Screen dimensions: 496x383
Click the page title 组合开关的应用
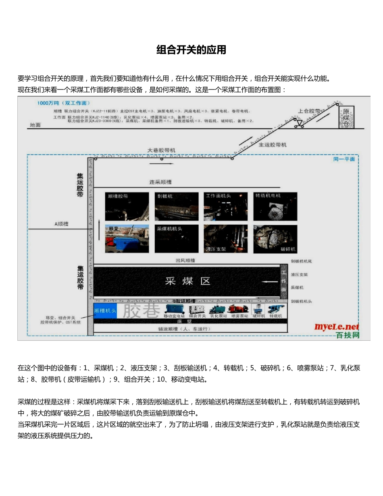(191, 50)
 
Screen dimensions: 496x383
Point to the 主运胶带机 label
(273, 144)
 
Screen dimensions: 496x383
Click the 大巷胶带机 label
(161, 150)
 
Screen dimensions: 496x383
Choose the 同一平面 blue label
(344, 159)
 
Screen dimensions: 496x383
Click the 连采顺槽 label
(160, 182)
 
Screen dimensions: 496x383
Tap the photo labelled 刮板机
(177, 206)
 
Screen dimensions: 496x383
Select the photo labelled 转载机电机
(275, 206)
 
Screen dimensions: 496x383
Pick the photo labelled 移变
(127, 239)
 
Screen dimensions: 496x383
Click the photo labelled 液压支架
(225, 239)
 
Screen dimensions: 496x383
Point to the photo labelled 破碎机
(275, 239)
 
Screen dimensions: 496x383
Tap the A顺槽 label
(61, 224)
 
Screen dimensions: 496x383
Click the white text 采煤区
(188, 281)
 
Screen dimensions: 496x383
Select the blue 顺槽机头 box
(105, 311)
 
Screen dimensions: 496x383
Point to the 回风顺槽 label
(185, 261)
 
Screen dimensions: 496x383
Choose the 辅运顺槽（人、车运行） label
(184, 329)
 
